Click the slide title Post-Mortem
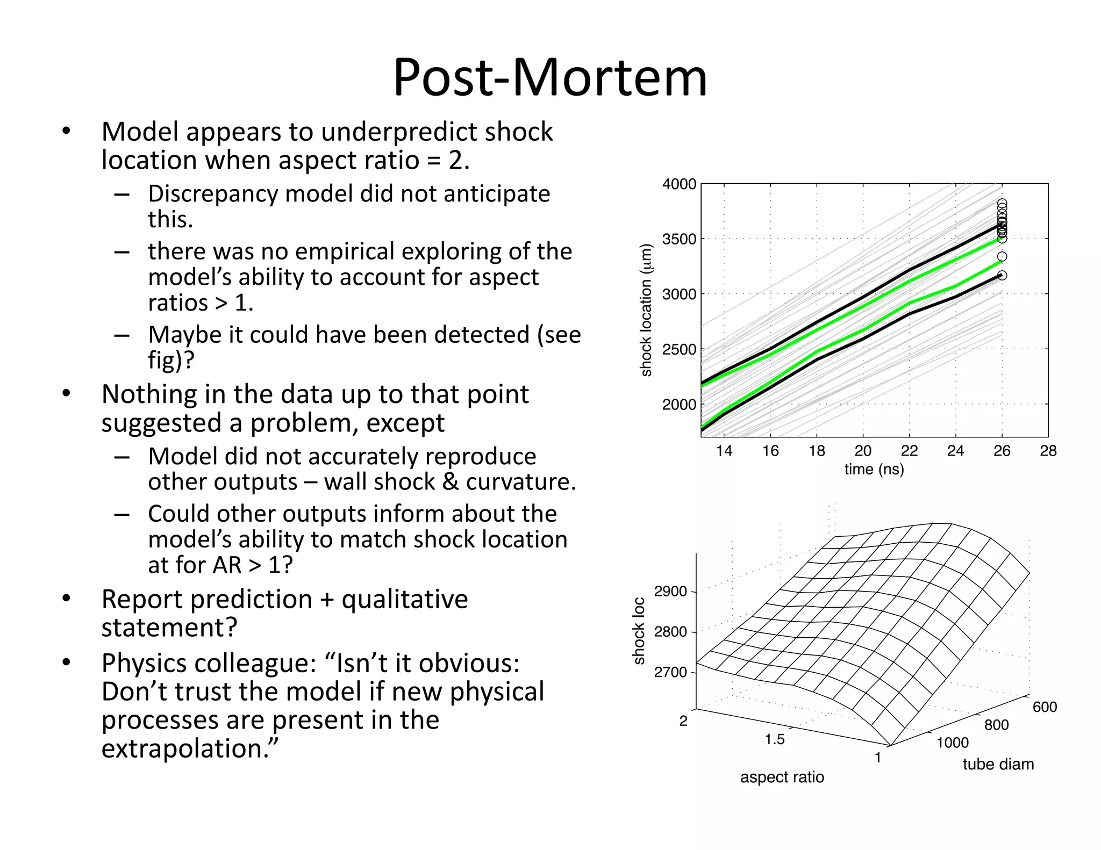(x=550, y=78)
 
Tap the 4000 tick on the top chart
(x=679, y=184)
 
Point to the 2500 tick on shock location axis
(x=679, y=350)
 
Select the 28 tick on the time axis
(x=1048, y=451)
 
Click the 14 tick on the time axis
(x=724, y=451)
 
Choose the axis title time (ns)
(x=874, y=469)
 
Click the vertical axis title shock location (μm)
(x=646, y=311)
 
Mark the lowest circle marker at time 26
(x=1002, y=276)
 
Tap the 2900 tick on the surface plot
(x=670, y=592)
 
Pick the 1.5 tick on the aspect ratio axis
(x=775, y=739)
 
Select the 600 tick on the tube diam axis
(x=1045, y=707)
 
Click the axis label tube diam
(x=998, y=764)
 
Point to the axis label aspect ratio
(x=782, y=777)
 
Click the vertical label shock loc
(x=639, y=631)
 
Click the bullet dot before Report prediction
(x=66, y=599)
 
